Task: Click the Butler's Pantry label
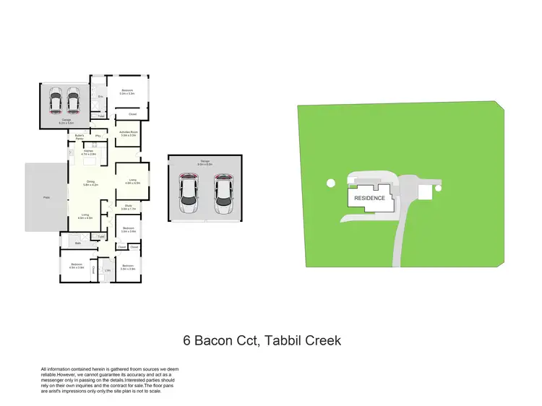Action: click(x=80, y=137)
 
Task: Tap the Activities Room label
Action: click(x=129, y=134)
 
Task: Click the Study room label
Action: click(x=128, y=207)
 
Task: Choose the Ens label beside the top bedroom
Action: click(x=100, y=96)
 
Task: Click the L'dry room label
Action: click(x=107, y=270)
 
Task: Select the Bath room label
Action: click(x=77, y=244)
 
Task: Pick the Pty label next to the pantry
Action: click(x=98, y=136)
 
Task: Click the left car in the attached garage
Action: click(x=55, y=102)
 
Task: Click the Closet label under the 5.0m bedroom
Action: click(x=132, y=114)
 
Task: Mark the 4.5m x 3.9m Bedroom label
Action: click(x=77, y=266)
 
